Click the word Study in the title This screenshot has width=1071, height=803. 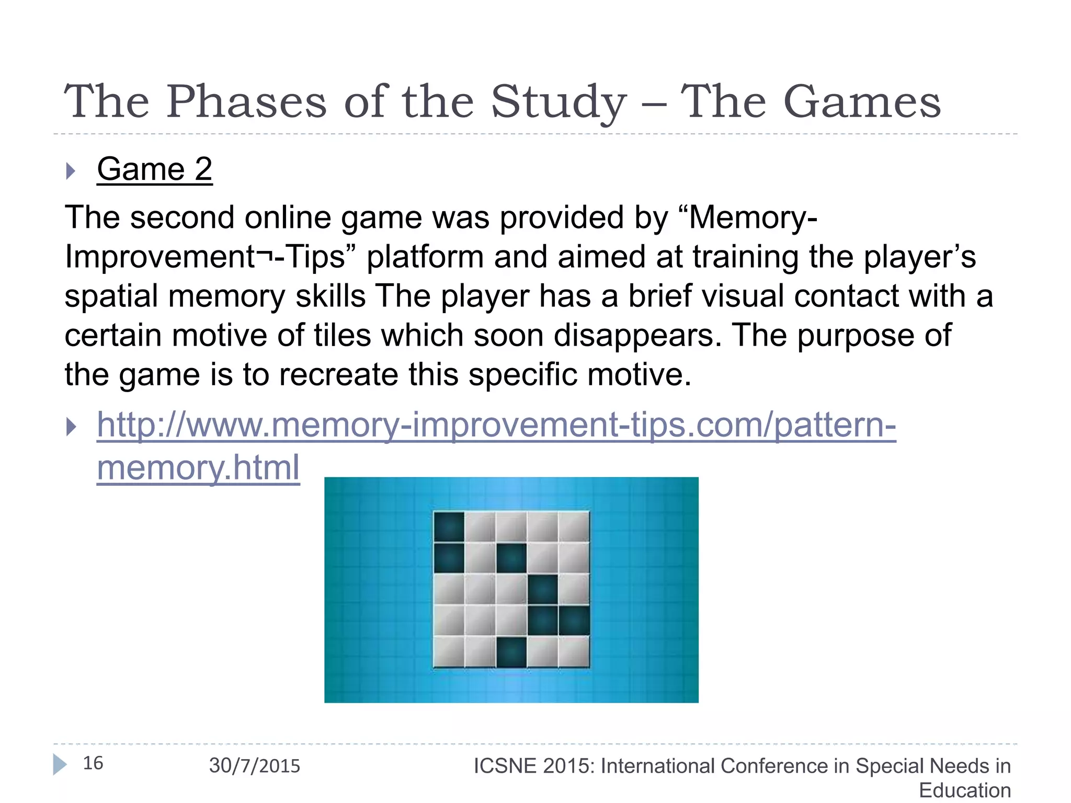[558, 102]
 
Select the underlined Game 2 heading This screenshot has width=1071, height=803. [154, 169]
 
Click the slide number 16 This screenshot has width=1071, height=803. [93, 763]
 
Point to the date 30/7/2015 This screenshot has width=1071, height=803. [255, 766]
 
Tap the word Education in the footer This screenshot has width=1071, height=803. [965, 790]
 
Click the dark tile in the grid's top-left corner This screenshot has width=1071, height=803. [449, 526]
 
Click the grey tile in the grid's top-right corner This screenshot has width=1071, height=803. [574, 526]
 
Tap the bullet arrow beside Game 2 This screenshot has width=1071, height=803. [71, 170]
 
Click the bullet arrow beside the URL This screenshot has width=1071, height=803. [71, 427]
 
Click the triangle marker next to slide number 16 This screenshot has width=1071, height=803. [60, 764]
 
